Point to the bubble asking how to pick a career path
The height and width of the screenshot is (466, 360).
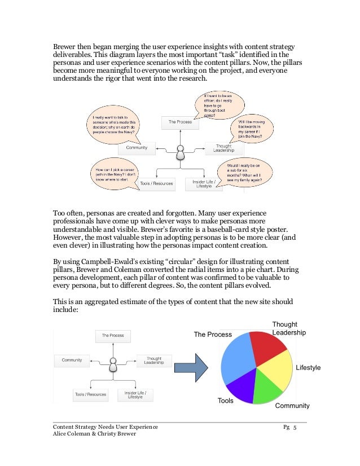coord(118,172)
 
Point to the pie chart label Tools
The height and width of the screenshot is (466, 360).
coord(226,401)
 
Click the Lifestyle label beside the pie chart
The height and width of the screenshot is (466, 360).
coord(308,367)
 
